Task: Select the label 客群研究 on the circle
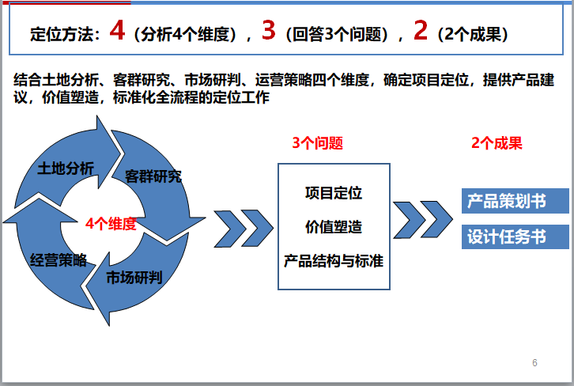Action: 153,176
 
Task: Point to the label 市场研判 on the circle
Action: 134,278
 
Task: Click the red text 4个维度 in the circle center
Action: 111,224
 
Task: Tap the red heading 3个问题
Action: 317,144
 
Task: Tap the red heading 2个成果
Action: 497,144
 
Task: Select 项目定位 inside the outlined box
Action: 333,193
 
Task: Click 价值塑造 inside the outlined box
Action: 333,227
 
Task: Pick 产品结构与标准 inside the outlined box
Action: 333,260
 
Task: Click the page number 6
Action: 534,363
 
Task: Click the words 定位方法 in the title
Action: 63,36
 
